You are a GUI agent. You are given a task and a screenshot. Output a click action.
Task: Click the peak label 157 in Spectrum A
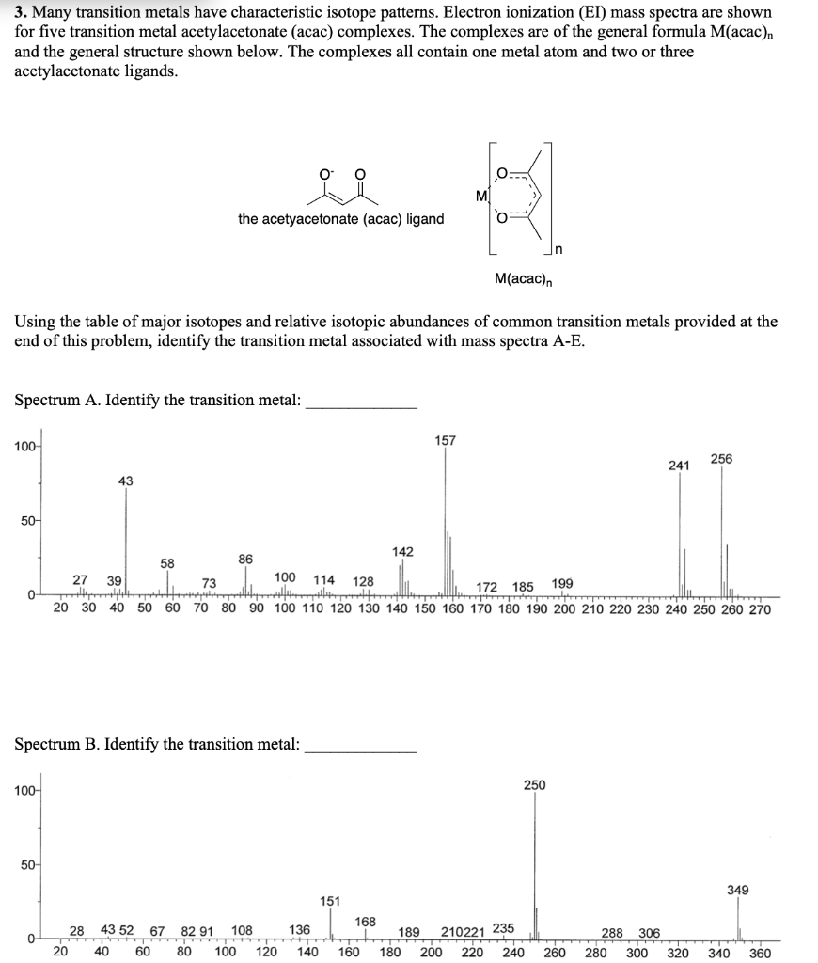[x=446, y=439]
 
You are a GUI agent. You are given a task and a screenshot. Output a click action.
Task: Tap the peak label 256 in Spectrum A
[x=721, y=458]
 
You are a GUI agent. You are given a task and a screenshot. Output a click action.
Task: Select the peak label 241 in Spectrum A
[x=679, y=465]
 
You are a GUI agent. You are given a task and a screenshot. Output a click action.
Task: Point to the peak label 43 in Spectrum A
[x=126, y=481]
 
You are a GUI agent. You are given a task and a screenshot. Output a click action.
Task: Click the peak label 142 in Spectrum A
[x=401, y=551]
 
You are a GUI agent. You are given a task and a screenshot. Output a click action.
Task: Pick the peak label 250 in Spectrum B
[x=534, y=784]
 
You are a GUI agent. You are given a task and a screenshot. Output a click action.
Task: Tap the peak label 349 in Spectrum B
[x=738, y=889]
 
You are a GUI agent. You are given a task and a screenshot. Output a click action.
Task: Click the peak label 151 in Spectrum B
[x=330, y=901]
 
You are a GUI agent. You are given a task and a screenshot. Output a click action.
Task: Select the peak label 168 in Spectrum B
[x=366, y=921]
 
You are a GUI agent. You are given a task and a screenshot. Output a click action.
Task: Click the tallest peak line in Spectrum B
[x=535, y=865]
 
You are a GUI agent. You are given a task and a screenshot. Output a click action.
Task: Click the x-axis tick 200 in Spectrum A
[x=565, y=608]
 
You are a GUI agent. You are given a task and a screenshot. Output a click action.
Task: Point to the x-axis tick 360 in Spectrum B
[x=761, y=952]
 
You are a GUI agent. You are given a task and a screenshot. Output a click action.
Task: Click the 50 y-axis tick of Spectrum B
[x=23, y=863]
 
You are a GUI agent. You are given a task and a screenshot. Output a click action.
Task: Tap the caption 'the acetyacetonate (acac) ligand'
[x=340, y=219]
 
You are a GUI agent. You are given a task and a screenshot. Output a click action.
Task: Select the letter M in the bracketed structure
[x=482, y=196]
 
